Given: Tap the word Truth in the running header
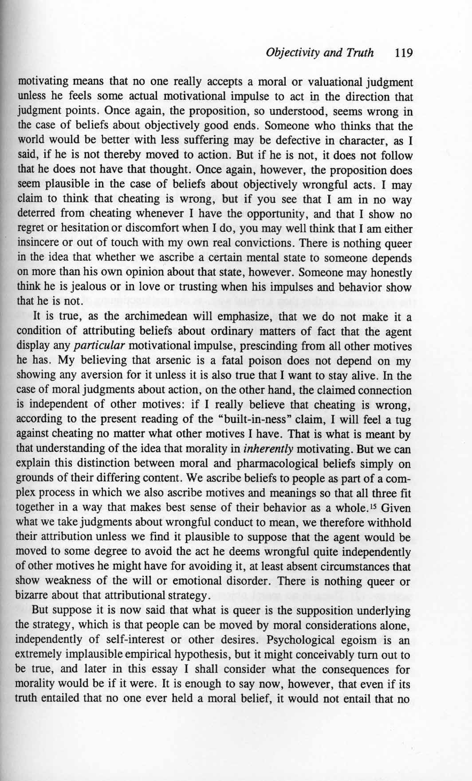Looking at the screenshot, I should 360,54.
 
